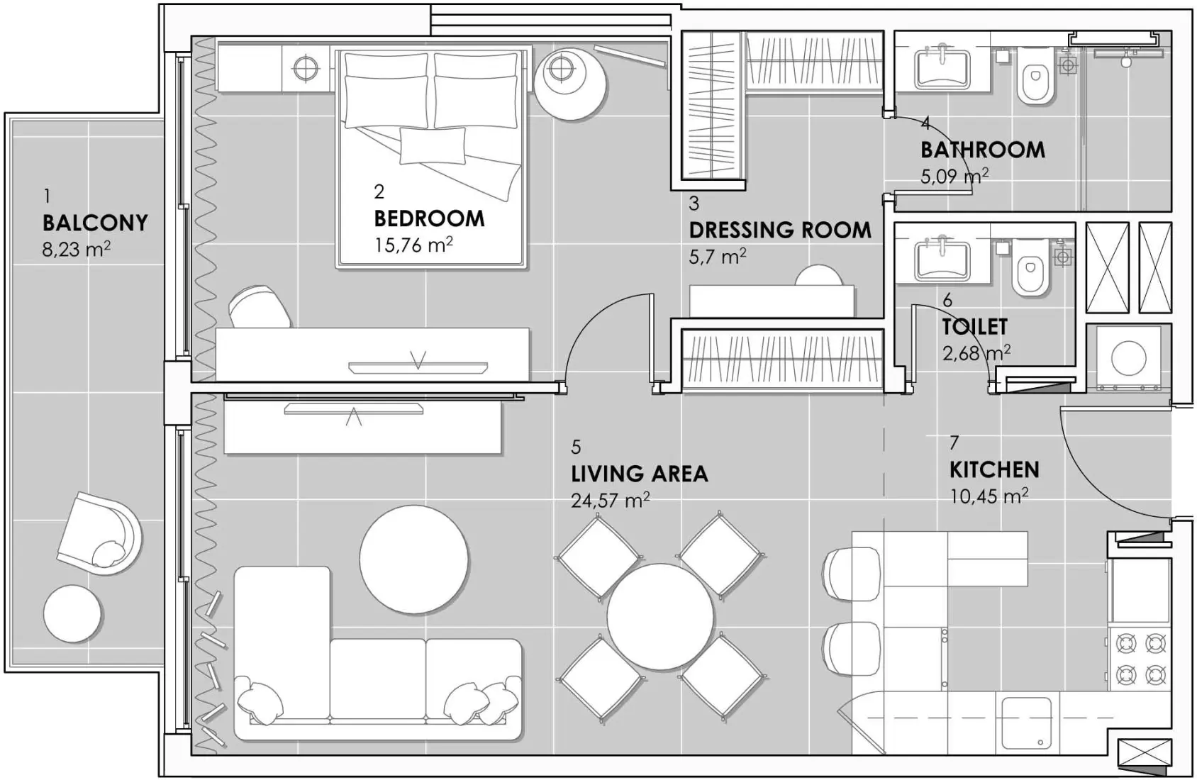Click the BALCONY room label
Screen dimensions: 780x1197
pos(95,223)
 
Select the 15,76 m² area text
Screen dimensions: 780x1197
pos(413,245)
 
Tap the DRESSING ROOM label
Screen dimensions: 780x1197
pos(780,230)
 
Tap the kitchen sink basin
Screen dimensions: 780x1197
pos(1026,724)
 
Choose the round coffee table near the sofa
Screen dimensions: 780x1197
pos(413,559)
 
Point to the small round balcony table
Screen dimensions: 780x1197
pos(72,613)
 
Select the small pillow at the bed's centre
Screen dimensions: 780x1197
pos(433,145)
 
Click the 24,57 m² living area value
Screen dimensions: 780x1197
pos(610,501)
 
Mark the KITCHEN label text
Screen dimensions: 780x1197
pos(994,469)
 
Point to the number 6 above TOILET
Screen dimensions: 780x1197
pos(947,301)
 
